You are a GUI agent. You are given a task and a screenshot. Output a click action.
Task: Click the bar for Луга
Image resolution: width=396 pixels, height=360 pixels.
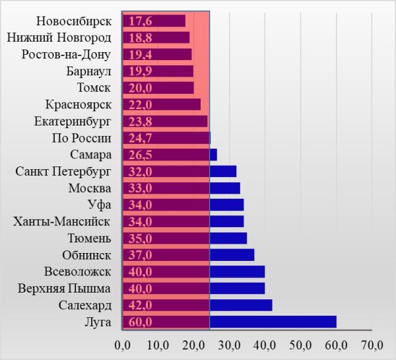(230, 322)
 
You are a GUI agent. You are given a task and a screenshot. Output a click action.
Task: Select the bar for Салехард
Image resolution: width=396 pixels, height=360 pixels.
(197, 305)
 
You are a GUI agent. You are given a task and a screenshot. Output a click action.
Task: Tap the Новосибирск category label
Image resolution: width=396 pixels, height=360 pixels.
(73, 21)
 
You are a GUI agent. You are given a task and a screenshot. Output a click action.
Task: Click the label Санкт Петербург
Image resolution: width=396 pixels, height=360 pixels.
(63, 172)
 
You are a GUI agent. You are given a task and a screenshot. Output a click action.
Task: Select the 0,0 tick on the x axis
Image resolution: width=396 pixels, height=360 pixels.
(123, 345)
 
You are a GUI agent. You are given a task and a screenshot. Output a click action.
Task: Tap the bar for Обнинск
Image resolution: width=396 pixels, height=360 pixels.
(189, 255)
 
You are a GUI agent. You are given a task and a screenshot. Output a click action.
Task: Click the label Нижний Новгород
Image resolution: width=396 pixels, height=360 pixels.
(59, 38)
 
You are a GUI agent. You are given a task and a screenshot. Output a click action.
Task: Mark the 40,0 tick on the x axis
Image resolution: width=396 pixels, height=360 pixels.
(265, 345)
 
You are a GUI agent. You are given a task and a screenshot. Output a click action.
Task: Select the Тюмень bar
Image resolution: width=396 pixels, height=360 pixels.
(185, 238)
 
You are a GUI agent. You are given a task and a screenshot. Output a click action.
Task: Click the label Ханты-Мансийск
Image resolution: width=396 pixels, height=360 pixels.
(62, 221)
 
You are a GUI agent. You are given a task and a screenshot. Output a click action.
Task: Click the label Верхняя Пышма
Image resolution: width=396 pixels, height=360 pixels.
(64, 289)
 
